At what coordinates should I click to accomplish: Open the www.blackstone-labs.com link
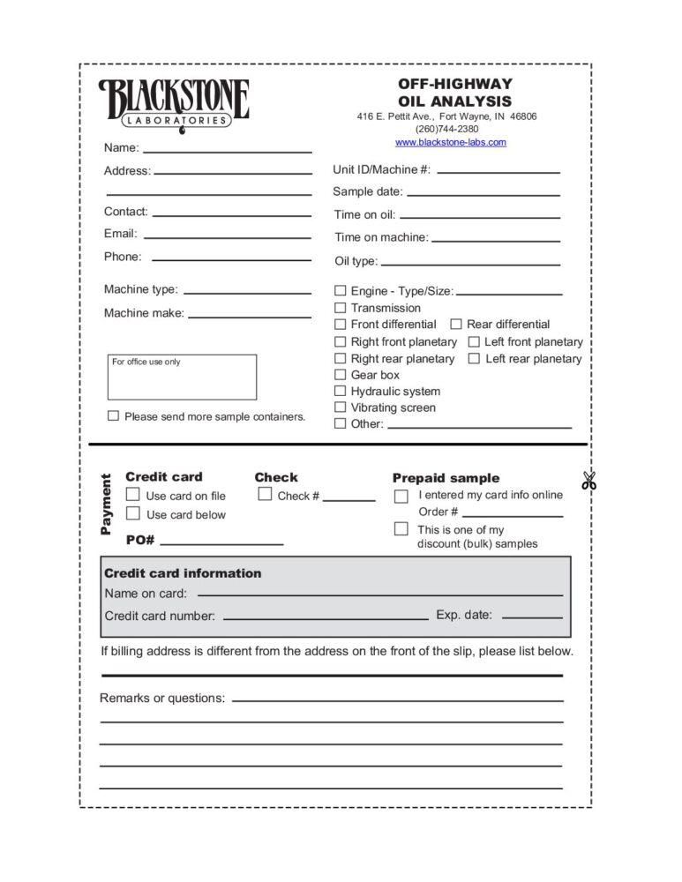450,142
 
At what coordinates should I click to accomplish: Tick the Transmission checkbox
340,308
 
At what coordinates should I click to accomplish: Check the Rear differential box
456,325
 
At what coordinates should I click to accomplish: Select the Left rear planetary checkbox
474,358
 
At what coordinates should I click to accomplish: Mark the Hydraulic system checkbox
340,391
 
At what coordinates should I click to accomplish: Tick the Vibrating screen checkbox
340,407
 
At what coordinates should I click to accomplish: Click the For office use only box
182,377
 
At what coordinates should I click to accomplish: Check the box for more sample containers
113,415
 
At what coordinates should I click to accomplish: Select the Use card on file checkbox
133,495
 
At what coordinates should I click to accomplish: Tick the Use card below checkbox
133,513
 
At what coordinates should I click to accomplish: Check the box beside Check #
265,495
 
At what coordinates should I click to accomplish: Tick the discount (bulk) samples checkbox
401,529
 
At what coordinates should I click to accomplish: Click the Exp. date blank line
531,617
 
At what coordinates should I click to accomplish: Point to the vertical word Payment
107,505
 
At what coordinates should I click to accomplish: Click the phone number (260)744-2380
446,129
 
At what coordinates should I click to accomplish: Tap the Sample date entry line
483,193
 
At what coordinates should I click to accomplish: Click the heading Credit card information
183,573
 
